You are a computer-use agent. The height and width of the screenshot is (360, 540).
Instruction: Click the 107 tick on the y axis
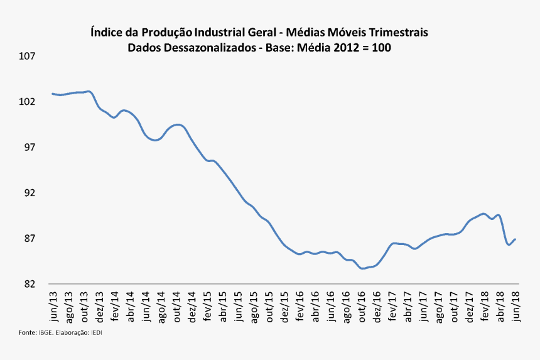click(x=27, y=57)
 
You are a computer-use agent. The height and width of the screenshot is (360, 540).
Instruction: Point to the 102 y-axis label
click(x=27, y=102)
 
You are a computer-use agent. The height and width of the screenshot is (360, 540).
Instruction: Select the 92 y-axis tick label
click(x=30, y=193)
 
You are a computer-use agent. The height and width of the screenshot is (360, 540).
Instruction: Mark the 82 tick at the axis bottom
click(x=30, y=284)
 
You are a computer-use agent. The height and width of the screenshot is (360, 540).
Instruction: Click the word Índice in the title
click(x=107, y=31)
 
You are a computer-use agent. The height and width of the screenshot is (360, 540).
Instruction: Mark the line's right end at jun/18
click(x=516, y=239)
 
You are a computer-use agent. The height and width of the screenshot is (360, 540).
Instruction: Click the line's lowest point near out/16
click(x=363, y=268)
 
